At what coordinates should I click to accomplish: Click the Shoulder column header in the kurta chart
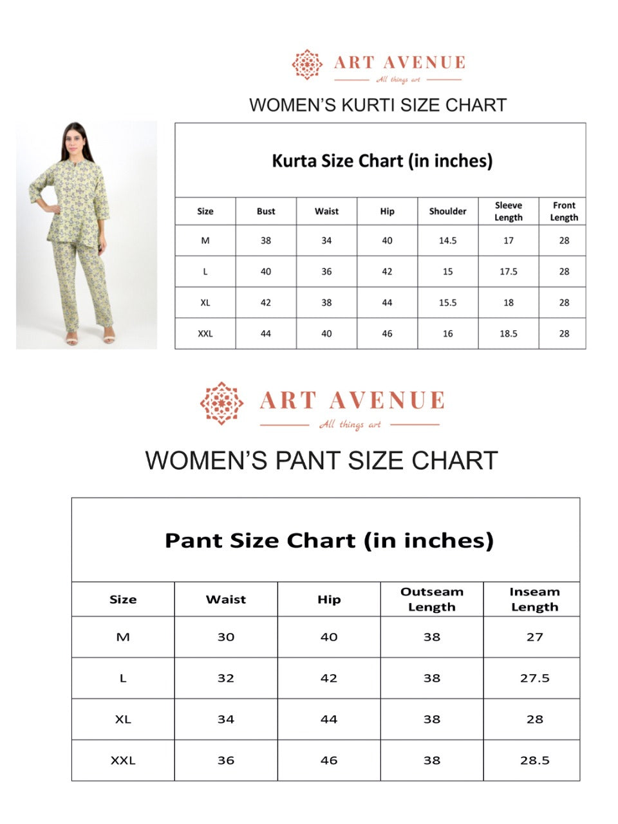(447, 211)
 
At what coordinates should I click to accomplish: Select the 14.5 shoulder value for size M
(447, 241)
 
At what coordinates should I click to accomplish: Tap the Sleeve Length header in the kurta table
(508, 211)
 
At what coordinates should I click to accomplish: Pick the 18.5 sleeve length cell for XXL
(508, 333)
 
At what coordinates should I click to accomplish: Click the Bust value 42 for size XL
(266, 303)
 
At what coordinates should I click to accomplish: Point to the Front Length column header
(564, 211)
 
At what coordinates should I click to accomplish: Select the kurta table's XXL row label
(205, 333)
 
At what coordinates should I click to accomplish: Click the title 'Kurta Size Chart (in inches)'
(382, 160)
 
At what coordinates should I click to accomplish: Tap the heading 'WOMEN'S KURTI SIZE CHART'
(378, 105)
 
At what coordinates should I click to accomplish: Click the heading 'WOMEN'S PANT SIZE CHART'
(321, 461)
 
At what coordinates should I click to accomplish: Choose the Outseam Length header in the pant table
(431, 599)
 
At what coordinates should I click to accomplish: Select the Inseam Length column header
(534, 599)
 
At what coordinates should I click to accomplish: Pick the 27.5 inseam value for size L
(534, 678)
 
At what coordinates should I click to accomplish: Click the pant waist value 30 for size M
(226, 637)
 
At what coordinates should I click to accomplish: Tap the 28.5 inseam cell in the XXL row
(534, 760)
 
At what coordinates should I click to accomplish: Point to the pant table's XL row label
(123, 719)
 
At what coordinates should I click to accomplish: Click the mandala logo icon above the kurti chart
(307, 64)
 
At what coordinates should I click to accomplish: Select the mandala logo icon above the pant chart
(221, 403)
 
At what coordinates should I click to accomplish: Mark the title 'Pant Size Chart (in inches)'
(329, 540)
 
